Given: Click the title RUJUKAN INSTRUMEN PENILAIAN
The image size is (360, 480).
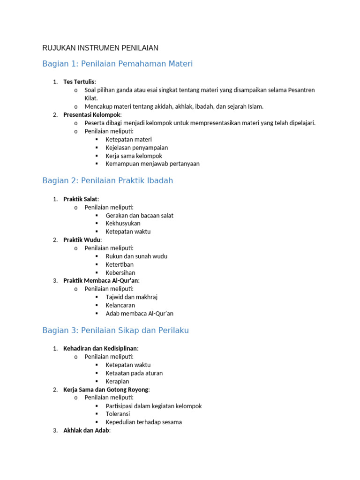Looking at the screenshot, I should [x=100, y=48].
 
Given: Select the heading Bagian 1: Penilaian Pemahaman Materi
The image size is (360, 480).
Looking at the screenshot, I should [x=117, y=64].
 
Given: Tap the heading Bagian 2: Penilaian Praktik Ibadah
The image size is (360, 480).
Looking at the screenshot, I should [x=107, y=181].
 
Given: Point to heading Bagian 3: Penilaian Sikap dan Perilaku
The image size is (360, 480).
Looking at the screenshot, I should [x=115, y=330].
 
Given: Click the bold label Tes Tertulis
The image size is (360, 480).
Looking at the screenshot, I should [x=79, y=82].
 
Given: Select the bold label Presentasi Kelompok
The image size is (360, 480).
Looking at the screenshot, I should [x=92, y=115].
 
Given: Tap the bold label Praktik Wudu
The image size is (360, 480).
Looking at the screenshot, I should [x=82, y=240].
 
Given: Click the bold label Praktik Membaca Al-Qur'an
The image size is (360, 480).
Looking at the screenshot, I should [x=101, y=281].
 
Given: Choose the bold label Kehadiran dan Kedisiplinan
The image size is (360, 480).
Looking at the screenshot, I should [x=100, y=349].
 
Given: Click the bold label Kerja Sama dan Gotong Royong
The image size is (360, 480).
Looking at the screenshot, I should [x=106, y=390].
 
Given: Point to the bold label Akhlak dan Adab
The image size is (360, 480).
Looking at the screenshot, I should [x=86, y=430].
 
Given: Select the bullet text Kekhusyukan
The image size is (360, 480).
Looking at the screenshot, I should [x=123, y=224].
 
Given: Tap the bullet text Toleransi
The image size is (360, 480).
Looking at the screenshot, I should [x=118, y=414].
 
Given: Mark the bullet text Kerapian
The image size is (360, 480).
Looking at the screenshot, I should [x=117, y=382].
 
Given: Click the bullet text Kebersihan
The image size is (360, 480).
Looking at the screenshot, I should [x=120, y=273].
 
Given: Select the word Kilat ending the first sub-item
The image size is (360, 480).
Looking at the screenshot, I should [x=91, y=98].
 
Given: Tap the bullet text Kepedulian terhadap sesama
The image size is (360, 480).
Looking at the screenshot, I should [x=143, y=422].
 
